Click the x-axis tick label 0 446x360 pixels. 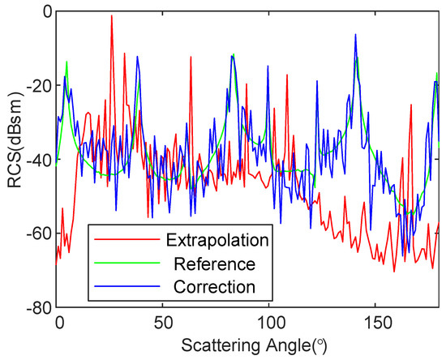[58, 322]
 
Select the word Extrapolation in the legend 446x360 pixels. [217, 241]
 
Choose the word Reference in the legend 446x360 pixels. [214, 264]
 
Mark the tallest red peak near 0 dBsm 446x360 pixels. [111, 16]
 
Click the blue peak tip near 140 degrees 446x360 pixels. [355, 35]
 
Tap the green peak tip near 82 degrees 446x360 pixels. [234, 55]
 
